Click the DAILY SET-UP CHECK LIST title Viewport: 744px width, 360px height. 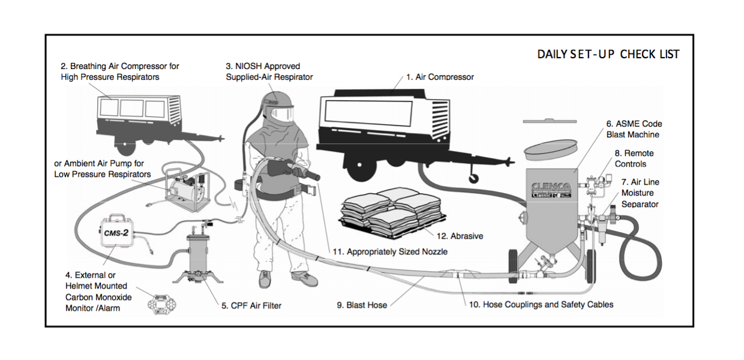[x=608, y=54]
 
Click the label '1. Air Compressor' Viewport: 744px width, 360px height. [x=440, y=77]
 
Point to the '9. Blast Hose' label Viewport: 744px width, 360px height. [x=362, y=305]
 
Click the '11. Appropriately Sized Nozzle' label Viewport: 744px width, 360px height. [x=390, y=252]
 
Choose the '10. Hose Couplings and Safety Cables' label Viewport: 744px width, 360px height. [x=541, y=304]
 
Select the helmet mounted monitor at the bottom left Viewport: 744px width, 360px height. [x=161, y=305]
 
